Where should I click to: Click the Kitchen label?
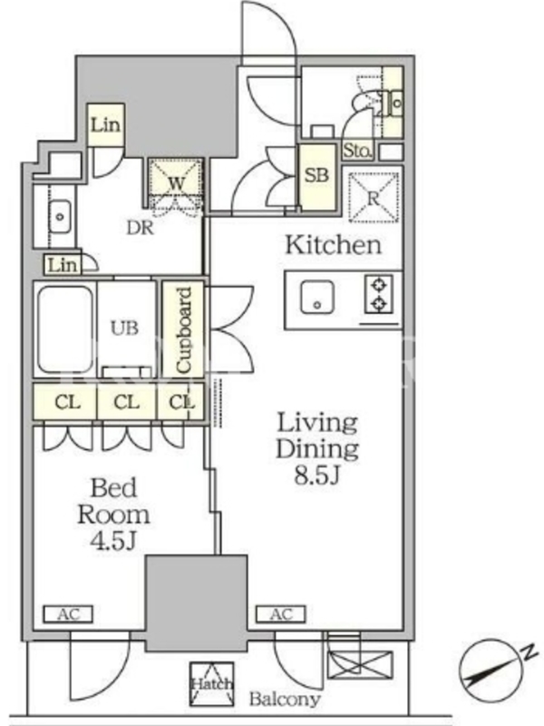pyautogui.click(x=333, y=244)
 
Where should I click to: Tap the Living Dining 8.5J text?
pyautogui.click(x=317, y=448)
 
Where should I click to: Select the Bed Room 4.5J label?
pyautogui.click(x=113, y=514)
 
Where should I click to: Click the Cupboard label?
pyautogui.click(x=184, y=329)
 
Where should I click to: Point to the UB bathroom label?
pyautogui.click(x=124, y=328)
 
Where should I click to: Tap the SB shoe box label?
pyautogui.click(x=316, y=175)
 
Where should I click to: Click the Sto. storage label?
pyautogui.click(x=357, y=150)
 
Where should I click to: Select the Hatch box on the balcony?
pyautogui.click(x=211, y=683)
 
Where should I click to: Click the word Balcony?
pyautogui.click(x=285, y=699)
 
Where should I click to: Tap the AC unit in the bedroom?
pyautogui.click(x=68, y=614)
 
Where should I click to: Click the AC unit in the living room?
pyautogui.click(x=281, y=614)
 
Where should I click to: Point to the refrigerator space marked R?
pyautogui.click(x=374, y=198)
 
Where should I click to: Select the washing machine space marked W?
pyautogui.click(x=176, y=183)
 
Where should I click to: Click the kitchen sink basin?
pyautogui.click(x=316, y=297)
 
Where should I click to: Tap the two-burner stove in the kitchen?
pyautogui.click(x=379, y=293)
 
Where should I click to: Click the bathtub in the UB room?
pyautogui.click(x=65, y=329)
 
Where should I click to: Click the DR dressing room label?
pyautogui.click(x=141, y=228)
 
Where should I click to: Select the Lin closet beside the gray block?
pyautogui.click(x=106, y=124)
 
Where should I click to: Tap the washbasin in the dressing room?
pyautogui.click(x=59, y=216)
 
